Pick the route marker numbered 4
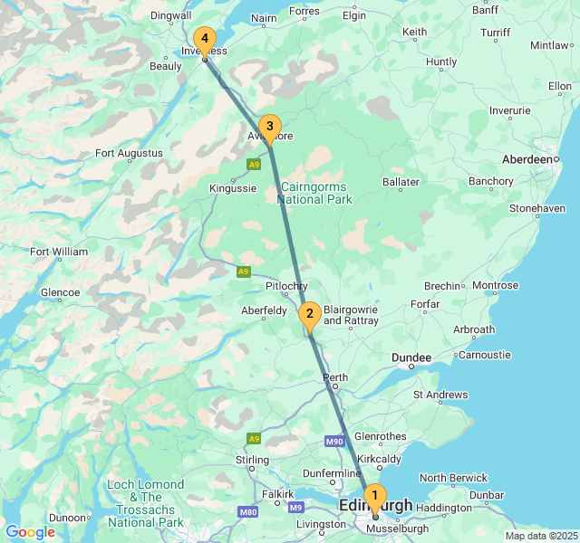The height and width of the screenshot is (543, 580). (x=205, y=39)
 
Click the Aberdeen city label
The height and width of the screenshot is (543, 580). (x=527, y=159)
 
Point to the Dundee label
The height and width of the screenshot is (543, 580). (x=411, y=358)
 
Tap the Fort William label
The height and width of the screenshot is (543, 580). (x=59, y=252)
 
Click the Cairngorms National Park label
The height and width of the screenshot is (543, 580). (x=314, y=193)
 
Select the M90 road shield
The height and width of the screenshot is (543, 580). (x=335, y=442)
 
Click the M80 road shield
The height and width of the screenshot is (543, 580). (x=249, y=512)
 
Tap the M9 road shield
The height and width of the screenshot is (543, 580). (x=296, y=508)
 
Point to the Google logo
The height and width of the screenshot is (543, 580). (x=30, y=532)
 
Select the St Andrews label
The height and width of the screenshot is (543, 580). (x=440, y=395)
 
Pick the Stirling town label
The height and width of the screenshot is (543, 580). (x=252, y=460)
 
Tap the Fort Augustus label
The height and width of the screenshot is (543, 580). (x=129, y=154)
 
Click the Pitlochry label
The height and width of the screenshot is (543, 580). (x=286, y=286)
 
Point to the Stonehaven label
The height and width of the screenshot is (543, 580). (x=537, y=208)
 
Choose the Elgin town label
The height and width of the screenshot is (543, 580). (x=354, y=16)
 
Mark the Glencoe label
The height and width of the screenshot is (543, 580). (x=60, y=293)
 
